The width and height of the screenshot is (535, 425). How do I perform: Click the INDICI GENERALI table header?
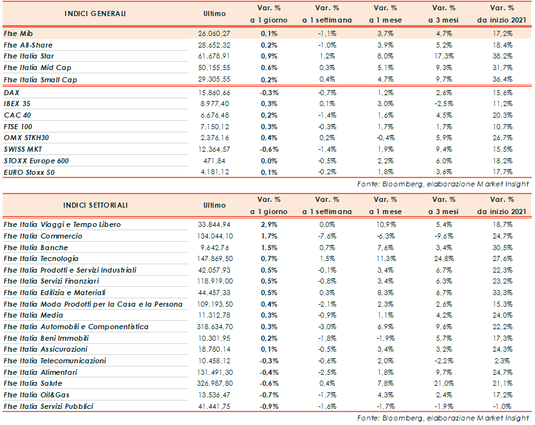tap(95, 14)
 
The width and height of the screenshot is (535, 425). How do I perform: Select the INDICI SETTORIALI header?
tap(95, 205)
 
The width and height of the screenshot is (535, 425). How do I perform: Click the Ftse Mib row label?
tap(18, 33)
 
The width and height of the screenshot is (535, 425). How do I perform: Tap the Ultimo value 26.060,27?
tap(212, 33)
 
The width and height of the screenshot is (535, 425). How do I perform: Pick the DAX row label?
tap(12, 93)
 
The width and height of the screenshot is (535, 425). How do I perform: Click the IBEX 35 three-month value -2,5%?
tap(440, 105)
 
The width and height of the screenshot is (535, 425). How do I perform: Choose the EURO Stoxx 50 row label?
tap(28, 173)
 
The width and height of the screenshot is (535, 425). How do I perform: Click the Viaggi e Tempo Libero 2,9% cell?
tap(269, 224)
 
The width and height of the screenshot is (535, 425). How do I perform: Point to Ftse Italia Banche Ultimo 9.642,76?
tap(217, 248)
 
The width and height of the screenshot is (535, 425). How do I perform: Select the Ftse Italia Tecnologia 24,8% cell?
tap(440, 258)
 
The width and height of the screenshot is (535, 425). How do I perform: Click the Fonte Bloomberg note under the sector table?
tap(444, 419)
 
